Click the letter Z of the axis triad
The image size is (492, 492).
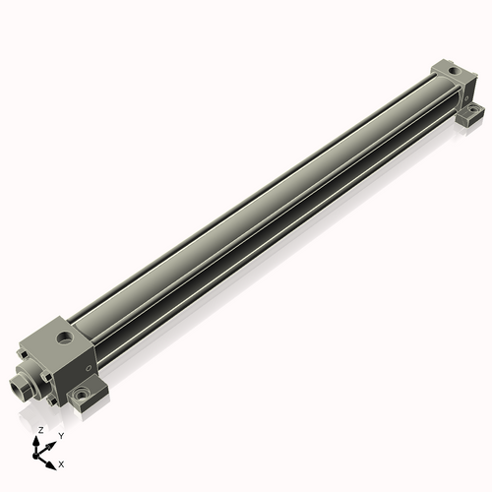[x=40, y=431]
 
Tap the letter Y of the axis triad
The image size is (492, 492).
[x=60, y=435]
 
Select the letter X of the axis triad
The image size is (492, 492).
[x=62, y=462]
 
